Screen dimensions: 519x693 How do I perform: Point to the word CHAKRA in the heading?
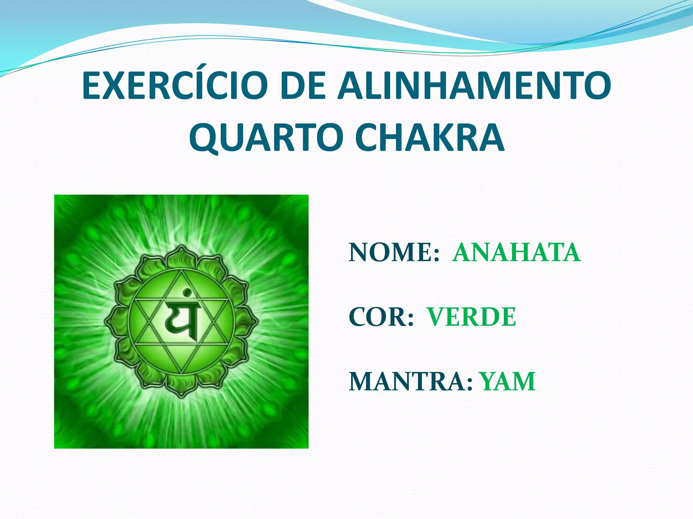click(x=430, y=138)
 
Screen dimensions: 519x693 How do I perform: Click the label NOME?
click(x=394, y=253)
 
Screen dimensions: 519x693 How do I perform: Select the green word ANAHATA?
click(x=516, y=253)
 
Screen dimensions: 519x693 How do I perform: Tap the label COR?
click(x=381, y=317)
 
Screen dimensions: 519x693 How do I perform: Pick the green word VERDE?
click(x=471, y=317)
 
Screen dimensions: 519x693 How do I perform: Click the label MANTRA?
click(x=410, y=381)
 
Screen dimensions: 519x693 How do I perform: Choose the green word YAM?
click(x=508, y=381)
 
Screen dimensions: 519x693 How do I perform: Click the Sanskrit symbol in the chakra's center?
click(x=182, y=321)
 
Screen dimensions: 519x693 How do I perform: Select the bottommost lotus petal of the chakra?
click(x=181, y=389)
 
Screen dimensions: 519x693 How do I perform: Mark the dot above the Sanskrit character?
click(x=185, y=292)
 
